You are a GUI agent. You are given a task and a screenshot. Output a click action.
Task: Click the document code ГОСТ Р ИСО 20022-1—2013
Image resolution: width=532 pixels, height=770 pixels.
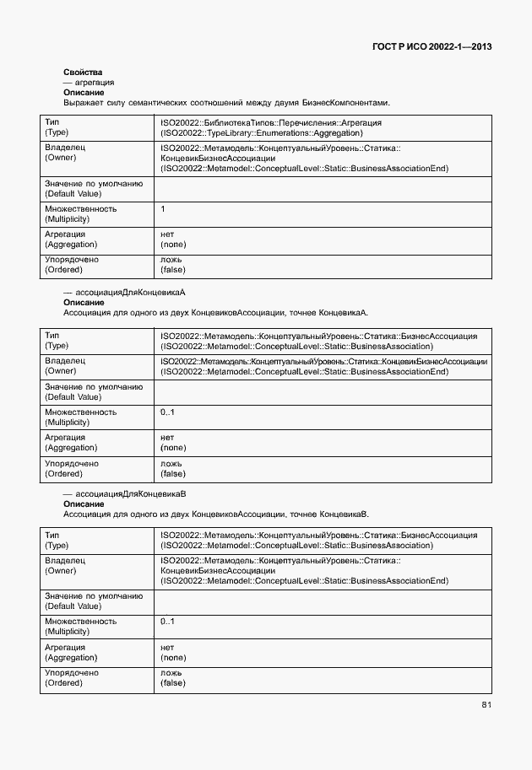point(431,46)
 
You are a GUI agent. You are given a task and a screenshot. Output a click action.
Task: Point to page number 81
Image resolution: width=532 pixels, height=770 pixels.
point(486,704)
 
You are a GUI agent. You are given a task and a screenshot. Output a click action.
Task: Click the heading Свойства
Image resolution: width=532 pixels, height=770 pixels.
point(83,73)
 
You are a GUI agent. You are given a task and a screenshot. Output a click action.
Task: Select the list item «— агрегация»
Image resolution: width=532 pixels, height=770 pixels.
point(89,83)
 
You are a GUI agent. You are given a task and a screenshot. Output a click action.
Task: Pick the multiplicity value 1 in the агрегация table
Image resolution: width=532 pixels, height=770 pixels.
point(163,208)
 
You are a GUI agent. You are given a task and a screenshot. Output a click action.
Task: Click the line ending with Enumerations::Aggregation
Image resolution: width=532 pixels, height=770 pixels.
point(270,132)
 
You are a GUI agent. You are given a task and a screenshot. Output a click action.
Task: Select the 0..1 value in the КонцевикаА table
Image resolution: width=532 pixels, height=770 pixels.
point(167,412)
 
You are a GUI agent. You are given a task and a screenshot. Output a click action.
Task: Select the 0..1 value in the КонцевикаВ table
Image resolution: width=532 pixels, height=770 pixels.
point(167,622)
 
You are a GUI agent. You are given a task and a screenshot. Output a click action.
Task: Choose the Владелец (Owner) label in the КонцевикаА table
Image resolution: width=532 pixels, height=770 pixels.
point(65,366)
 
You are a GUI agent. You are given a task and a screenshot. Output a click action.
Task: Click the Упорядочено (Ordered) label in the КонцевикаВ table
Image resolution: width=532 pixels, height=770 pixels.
point(71,678)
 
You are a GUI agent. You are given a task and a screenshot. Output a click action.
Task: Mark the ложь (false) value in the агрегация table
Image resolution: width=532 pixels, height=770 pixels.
point(173,265)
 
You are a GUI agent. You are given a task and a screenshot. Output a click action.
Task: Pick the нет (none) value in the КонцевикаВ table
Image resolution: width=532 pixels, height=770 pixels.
point(173,652)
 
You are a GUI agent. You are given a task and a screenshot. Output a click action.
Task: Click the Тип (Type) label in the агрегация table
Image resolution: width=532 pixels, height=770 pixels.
point(57,127)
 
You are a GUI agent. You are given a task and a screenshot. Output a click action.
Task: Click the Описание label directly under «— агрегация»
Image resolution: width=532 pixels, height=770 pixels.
point(84,93)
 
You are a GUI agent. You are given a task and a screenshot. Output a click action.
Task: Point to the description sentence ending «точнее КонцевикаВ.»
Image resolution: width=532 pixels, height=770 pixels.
point(215,514)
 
